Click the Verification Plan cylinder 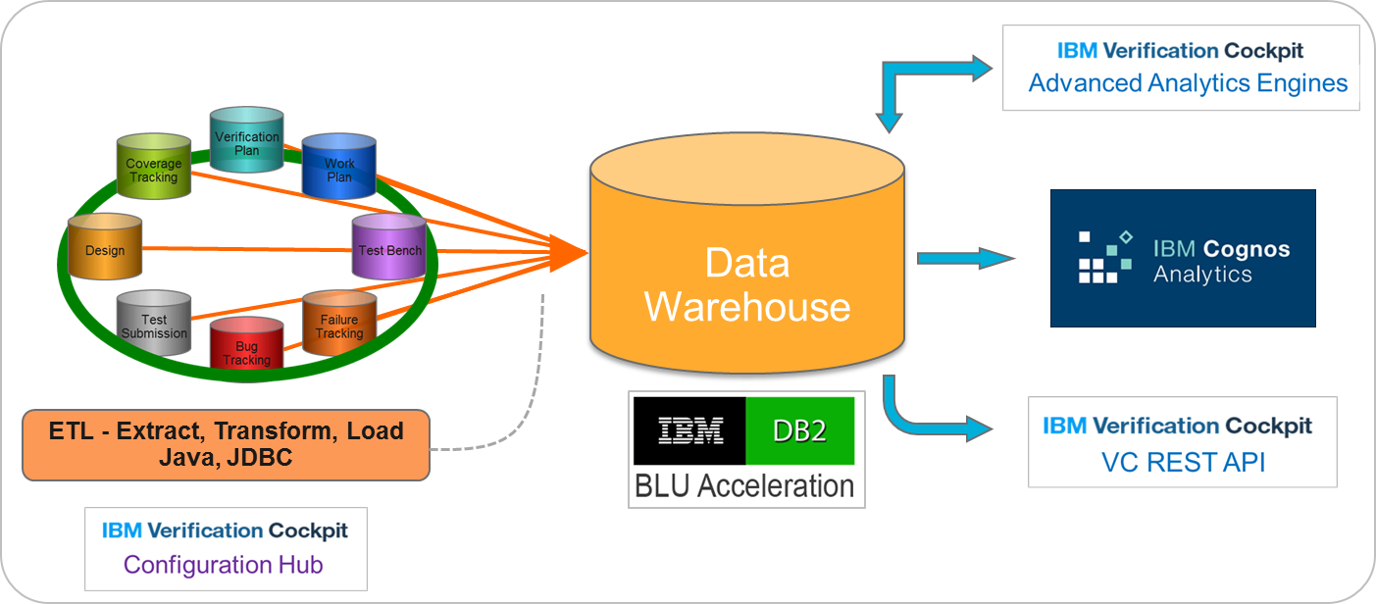click(246, 142)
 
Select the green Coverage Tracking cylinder click(153, 170)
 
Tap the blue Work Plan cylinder click(338, 170)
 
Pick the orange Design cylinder click(105, 249)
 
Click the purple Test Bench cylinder click(389, 249)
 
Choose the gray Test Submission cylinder click(153, 326)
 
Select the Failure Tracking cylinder click(338, 326)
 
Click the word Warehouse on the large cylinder click(746, 306)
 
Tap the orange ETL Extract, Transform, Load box click(226, 444)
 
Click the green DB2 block click(798, 430)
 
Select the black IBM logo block click(689, 430)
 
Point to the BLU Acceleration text click(744, 485)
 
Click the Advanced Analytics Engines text click(1188, 83)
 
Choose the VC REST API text click(1181, 462)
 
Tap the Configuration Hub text click(223, 565)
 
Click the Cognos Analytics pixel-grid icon click(1105, 257)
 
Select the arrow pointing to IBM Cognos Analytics click(965, 258)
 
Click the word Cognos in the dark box click(1247, 249)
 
